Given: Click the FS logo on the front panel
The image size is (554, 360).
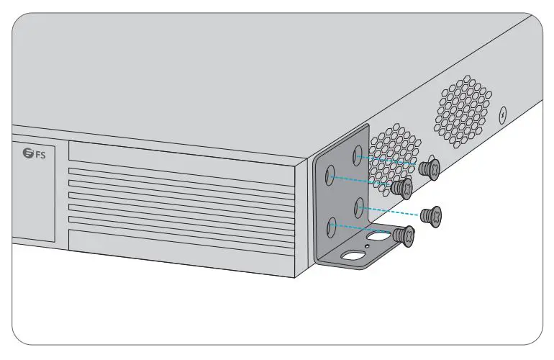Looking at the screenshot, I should (34, 153).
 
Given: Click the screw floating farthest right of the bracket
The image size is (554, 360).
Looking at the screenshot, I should (432, 215).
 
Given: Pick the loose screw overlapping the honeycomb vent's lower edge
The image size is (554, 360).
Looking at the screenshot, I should (402, 189).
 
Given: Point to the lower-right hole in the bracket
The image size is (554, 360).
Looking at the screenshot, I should (358, 207).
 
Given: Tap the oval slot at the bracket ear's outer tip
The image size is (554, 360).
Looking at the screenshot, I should (354, 254).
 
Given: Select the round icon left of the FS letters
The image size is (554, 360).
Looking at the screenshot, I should (28, 153).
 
